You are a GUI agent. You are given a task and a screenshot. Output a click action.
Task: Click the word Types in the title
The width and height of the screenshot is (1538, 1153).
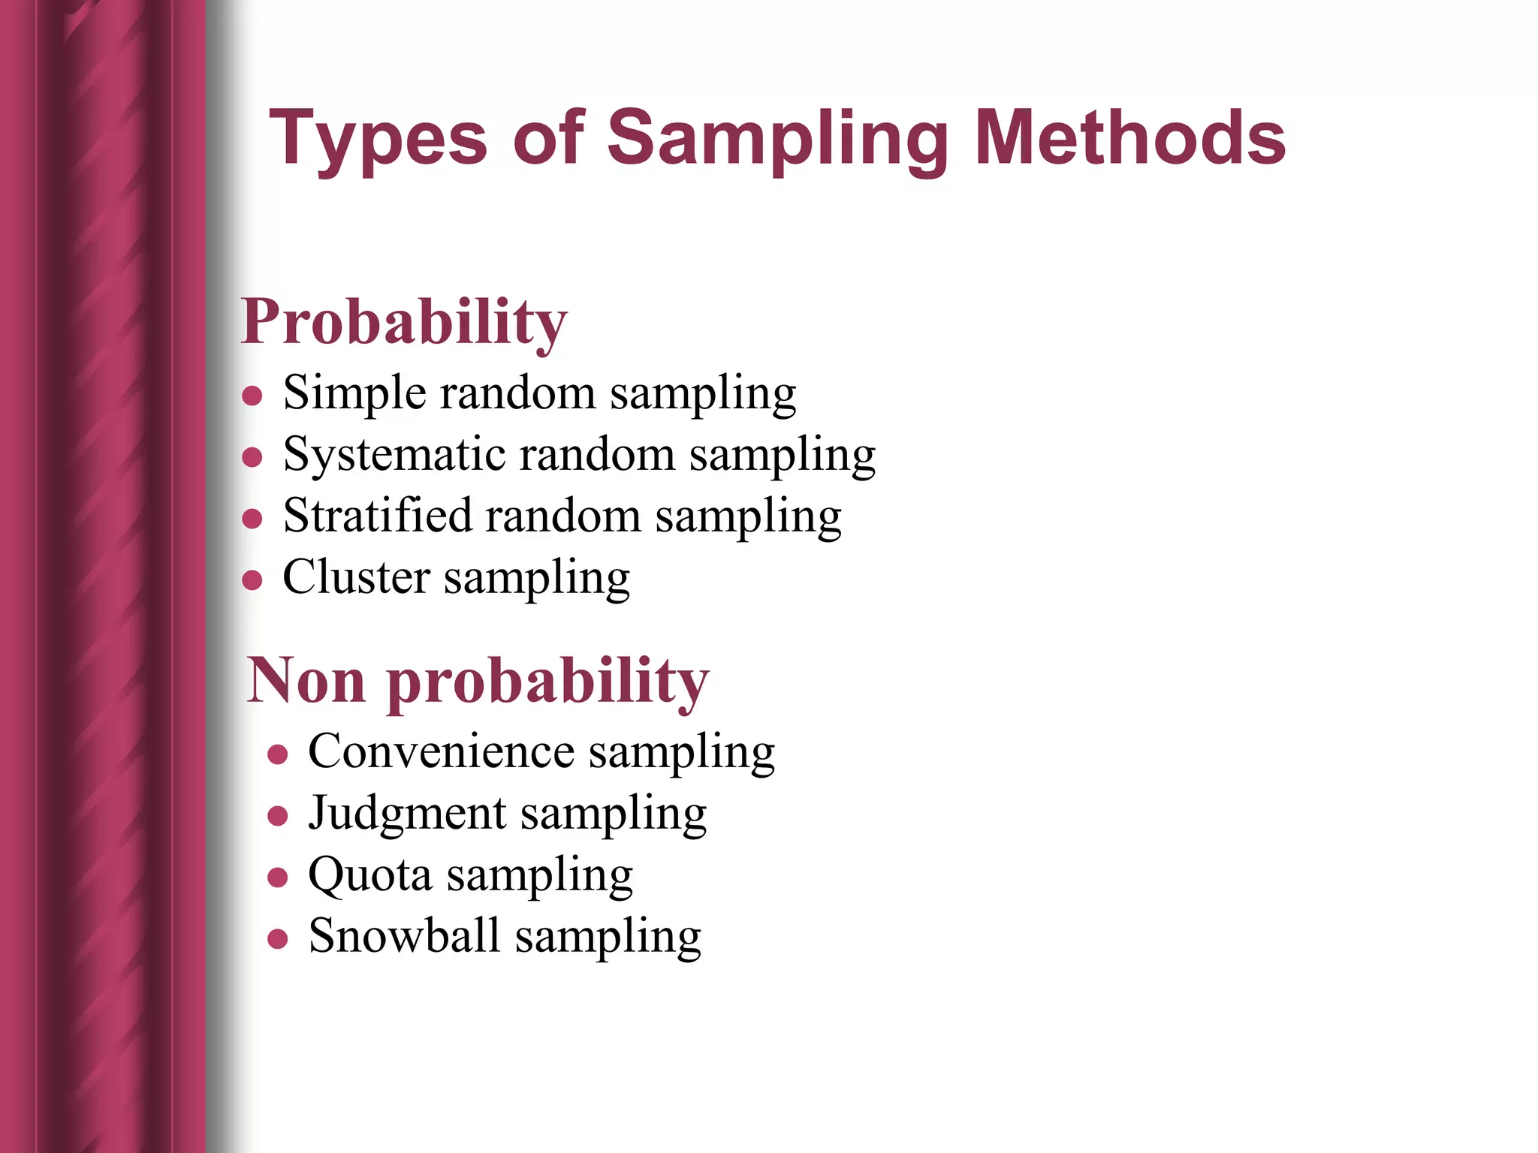click(378, 139)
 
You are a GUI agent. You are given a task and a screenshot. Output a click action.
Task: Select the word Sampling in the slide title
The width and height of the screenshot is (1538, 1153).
click(778, 139)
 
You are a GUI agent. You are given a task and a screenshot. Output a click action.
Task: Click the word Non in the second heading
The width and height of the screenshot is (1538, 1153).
click(306, 680)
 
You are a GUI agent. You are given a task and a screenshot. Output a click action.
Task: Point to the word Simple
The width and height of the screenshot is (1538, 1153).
click(354, 393)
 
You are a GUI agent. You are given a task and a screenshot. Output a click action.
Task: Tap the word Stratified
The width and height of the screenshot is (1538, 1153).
click(377, 516)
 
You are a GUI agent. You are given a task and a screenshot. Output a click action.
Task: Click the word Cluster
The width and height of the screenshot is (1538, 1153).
click(356, 577)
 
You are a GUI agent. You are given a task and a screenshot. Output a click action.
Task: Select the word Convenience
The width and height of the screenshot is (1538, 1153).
click(441, 751)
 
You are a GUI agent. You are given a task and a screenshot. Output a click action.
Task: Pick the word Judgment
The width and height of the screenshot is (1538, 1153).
click(408, 814)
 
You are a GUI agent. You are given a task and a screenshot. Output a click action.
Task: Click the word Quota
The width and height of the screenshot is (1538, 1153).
click(370, 875)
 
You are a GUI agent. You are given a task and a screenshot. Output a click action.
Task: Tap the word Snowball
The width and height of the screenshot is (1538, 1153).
click(404, 936)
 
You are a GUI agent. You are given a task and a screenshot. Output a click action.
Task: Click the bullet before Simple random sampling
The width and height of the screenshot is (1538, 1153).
click(252, 396)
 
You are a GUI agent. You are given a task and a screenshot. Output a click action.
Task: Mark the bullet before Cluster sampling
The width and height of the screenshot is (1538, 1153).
click(252, 580)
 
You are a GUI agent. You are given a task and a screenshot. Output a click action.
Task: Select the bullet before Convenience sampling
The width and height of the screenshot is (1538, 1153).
click(278, 754)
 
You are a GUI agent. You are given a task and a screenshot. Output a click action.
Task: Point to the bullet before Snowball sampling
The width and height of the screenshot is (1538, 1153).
click(278, 938)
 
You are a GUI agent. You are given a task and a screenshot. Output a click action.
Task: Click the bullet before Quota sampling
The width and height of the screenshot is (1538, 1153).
click(278, 877)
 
